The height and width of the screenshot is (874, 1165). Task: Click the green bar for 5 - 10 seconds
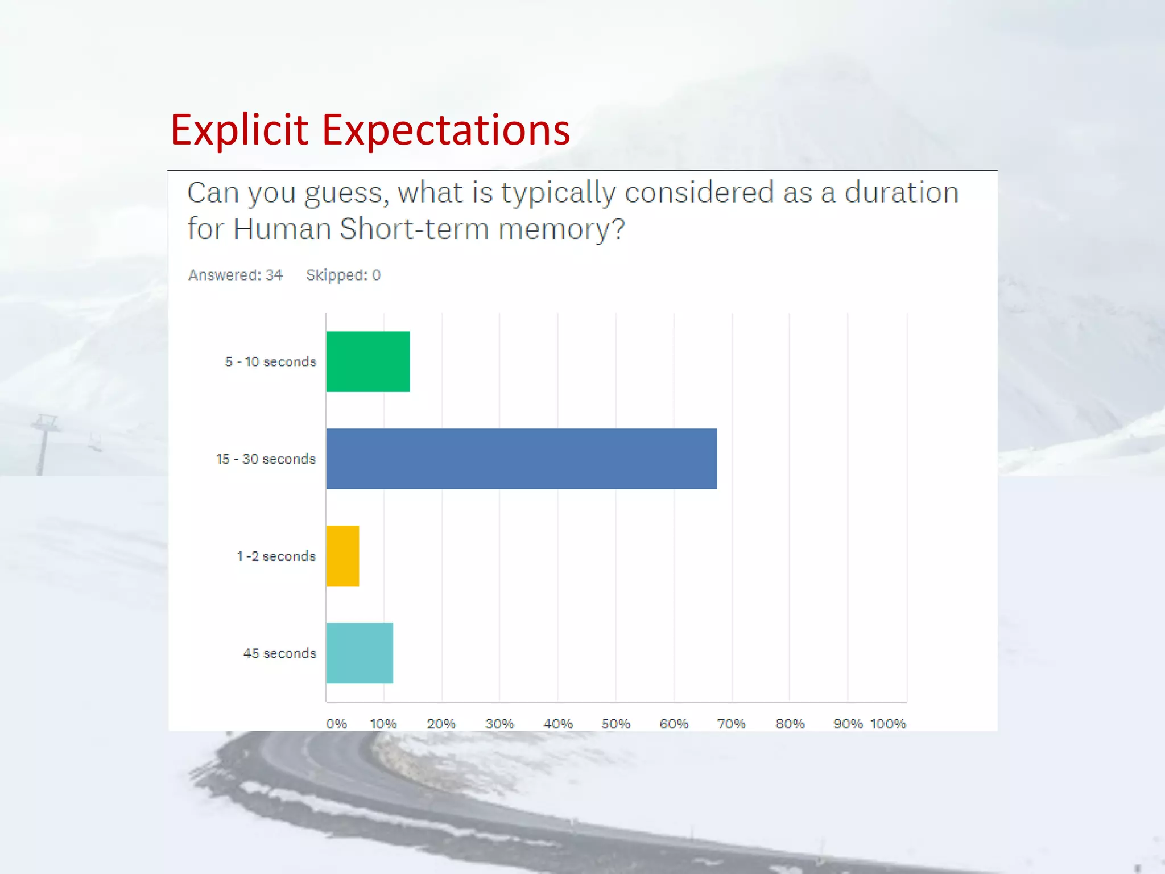click(x=368, y=361)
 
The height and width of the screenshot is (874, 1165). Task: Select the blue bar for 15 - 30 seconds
click(x=521, y=459)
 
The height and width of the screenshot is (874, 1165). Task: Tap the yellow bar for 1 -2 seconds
click(x=342, y=556)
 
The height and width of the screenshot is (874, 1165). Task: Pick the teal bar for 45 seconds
click(x=360, y=653)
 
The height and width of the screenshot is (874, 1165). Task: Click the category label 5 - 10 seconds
click(x=270, y=362)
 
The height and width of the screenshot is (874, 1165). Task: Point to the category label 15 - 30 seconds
click(x=266, y=459)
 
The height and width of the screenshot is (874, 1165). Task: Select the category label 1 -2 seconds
click(x=276, y=556)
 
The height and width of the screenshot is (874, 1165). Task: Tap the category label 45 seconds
click(x=279, y=654)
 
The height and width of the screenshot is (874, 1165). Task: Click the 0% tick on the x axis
click(x=336, y=724)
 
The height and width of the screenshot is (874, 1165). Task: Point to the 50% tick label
click(x=615, y=724)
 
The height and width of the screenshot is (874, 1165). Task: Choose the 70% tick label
click(x=731, y=724)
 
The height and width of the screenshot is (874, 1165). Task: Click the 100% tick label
click(x=888, y=724)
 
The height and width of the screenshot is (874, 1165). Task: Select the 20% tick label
click(x=441, y=724)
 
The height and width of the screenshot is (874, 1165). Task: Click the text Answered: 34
click(x=236, y=275)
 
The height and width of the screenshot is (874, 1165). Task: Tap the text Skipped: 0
click(x=343, y=275)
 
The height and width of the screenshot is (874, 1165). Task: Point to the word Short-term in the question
click(x=414, y=229)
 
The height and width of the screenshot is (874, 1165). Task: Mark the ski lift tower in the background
click(x=43, y=444)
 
